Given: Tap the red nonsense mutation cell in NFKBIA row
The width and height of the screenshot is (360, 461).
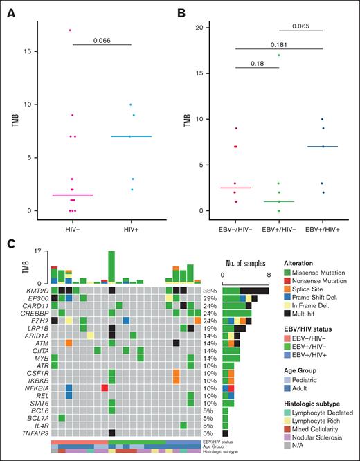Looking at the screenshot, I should click(x=105, y=388).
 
